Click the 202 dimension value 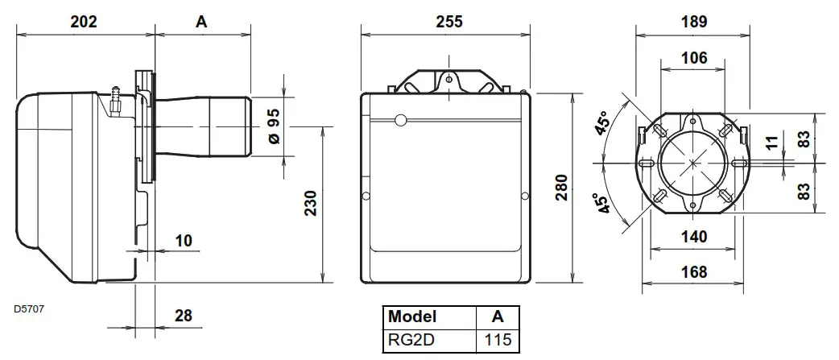pos(84,23)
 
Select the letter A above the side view pos(201,23)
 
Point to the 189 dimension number pos(693,23)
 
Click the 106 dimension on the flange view pos(693,58)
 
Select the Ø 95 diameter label pos(274,126)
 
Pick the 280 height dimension pos(561,188)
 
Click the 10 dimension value pos(184,241)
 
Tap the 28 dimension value pos(184,315)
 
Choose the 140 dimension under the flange pos(693,237)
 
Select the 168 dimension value pos(693,272)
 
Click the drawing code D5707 pos(29,308)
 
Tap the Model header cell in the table pos(412,316)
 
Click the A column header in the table pos(497,316)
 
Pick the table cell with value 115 pos(497,340)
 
